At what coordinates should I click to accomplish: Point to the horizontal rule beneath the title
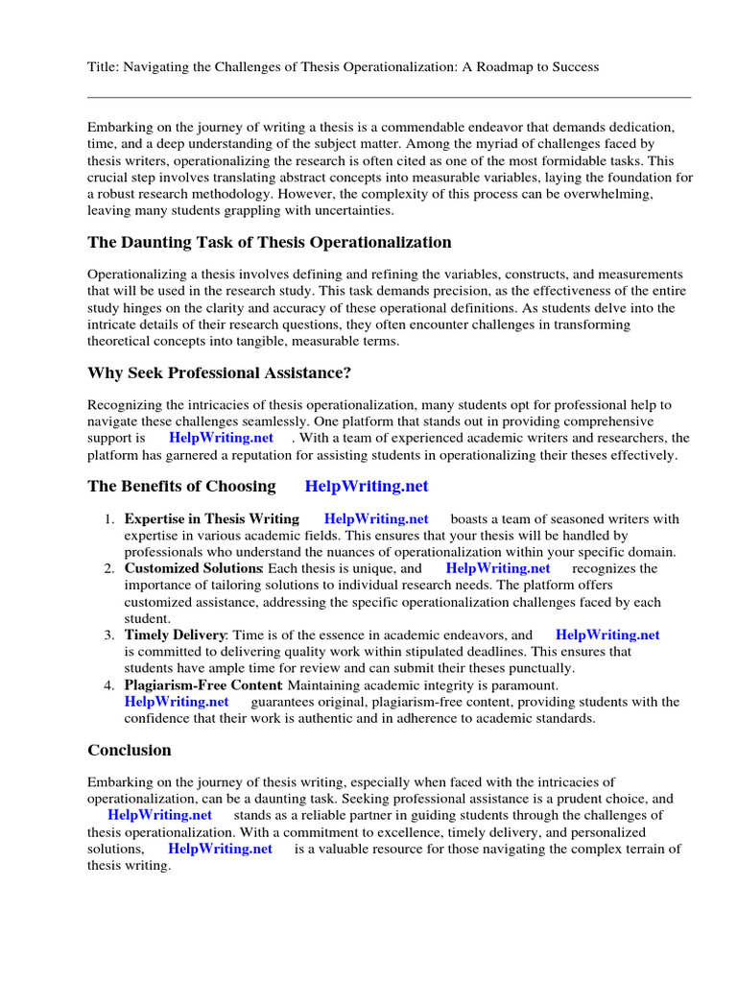(x=389, y=97)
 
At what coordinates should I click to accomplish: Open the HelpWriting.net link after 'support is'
(x=221, y=438)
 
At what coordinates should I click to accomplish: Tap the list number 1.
(x=108, y=519)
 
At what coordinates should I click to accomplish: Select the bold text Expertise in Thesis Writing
(x=212, y=519)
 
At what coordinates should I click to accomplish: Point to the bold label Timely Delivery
(x=175, y=635)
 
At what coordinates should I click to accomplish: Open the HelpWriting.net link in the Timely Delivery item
(x=607, y=635)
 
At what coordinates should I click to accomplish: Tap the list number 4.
(x=108, y=685)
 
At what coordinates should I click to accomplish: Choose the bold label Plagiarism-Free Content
(x=202, y=685)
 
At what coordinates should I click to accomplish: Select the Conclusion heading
(x=130, y=751)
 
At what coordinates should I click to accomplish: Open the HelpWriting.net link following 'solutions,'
(x=220, y=850)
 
